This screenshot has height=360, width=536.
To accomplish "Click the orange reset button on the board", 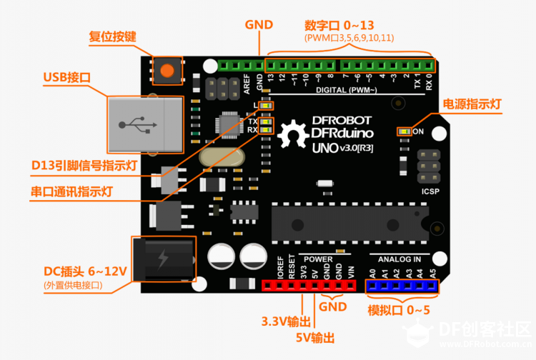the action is tap(167, 71).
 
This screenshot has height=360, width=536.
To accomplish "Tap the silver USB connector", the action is tap(146, 125).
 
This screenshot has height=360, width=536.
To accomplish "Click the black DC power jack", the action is tap(164, 259).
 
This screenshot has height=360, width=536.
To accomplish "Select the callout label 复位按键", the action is tap(112, 36).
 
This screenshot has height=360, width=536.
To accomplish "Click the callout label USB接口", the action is tap(67, 77).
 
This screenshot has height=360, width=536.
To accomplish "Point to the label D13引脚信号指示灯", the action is tap(84, 165).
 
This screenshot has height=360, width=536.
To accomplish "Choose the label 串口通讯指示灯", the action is tap(71, 191).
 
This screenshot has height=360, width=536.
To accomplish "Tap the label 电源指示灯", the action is tap(472, 104).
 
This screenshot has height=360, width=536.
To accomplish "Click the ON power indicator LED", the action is tap(405, 131).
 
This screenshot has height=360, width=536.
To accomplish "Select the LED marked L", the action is tap(266, 106).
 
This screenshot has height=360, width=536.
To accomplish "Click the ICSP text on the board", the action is tap(430, 191).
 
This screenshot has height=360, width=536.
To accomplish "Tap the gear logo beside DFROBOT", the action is tap(292, 134).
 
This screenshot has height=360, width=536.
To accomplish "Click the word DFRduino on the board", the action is tap(342, 133).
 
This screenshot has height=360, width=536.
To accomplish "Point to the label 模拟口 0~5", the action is tap(399, 310).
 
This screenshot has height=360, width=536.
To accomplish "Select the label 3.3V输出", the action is tap(286, 321).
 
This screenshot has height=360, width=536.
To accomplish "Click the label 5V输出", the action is tap(315, 338).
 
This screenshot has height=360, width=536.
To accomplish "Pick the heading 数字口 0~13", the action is tap(339, 25).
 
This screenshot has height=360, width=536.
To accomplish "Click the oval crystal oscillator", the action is tap(222, 157).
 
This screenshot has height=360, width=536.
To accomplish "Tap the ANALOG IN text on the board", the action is tap(399, 259).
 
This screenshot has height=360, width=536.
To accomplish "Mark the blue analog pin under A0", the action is tap(372, 286).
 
